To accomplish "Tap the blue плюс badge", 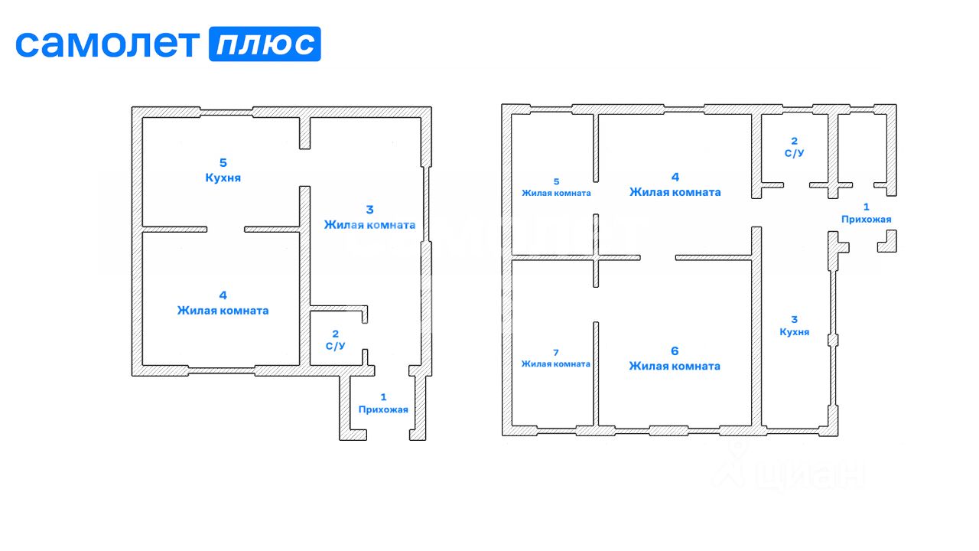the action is (x=265, y=44).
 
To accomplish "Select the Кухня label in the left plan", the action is (x=223, y=178).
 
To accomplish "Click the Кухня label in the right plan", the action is (x=794, y=332).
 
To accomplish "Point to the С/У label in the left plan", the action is (x=335, y=346).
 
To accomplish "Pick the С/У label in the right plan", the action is (x=794, y=153).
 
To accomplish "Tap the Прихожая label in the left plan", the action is (x=383, y=409).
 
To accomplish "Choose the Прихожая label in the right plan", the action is (x=866, y=220).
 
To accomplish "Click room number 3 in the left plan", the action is (x=369, y=209).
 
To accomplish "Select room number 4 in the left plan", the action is (x=223, y=295).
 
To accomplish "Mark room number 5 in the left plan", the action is (x=223, y=162).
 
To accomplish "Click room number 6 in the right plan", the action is (x=675, y=350).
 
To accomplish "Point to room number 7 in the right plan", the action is (x=556, y=352).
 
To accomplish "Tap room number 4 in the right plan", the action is (x=675, y=177).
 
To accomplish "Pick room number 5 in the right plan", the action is (x=556, y=181).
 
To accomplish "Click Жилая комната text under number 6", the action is (x=675, y=366).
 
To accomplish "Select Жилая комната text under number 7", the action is (x=556, y=364).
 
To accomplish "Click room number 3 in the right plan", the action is (x=794, y=320).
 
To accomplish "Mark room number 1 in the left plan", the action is (x=383, y=396).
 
